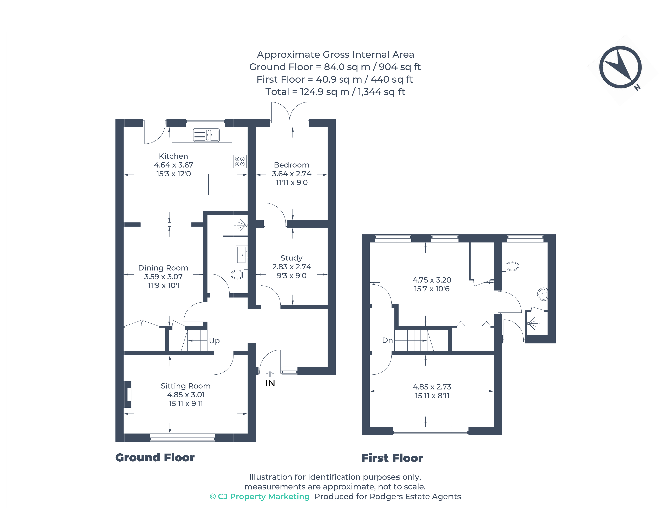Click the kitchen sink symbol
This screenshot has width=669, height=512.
[x=206, y=135]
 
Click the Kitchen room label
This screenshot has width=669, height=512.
[x=173, y=156]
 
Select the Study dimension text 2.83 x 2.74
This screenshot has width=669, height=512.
[x=291, y=267]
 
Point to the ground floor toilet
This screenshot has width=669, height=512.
[x=238, y=274]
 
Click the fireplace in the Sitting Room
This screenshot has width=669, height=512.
[x=128, y=394]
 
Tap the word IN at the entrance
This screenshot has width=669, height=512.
[x=270, y=383]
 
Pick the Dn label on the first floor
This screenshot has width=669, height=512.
[x=387, y=340]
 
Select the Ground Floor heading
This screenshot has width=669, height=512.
[x=155, y=457]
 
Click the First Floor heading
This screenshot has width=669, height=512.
[x=392, y=458]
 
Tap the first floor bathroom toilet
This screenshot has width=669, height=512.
[x=511, y=266]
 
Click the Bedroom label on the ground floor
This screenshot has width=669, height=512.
[x=291, y=165]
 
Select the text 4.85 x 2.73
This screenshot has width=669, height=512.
[x=432, y=387]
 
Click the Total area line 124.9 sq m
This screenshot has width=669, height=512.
[x=335, y=92]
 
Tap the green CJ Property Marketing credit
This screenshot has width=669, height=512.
[x=260, y=497]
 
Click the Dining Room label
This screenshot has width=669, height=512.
[x=163, y=268]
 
